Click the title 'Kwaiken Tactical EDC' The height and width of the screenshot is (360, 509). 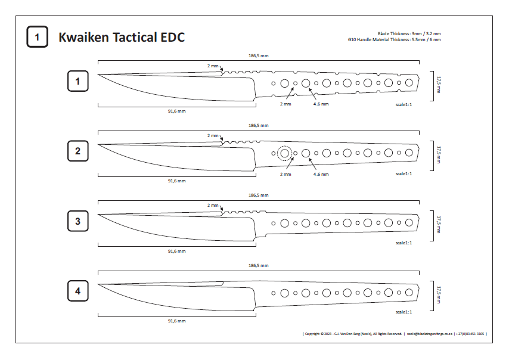(122, 37)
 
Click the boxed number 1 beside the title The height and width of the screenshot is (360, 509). (37, 37)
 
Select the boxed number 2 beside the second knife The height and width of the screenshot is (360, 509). (77, 151)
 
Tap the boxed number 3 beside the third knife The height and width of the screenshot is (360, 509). (77, 222)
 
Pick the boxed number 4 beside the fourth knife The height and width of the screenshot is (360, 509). (77, 291)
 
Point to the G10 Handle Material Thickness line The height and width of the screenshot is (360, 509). (394, 40)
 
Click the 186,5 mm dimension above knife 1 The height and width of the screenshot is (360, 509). (258, 55)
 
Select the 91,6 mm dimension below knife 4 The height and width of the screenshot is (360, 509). (176, 321)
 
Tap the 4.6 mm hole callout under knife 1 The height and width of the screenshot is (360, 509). (321, 104)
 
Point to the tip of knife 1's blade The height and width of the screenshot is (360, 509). (98, 75)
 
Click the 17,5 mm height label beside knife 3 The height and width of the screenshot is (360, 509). (439, 223)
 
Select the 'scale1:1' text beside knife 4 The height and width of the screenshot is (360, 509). (404, 312)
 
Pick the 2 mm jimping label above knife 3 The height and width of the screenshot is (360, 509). (213, 205)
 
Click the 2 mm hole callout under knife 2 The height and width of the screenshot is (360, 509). (285, 174)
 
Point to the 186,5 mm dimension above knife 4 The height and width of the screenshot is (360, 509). (258, 266)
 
